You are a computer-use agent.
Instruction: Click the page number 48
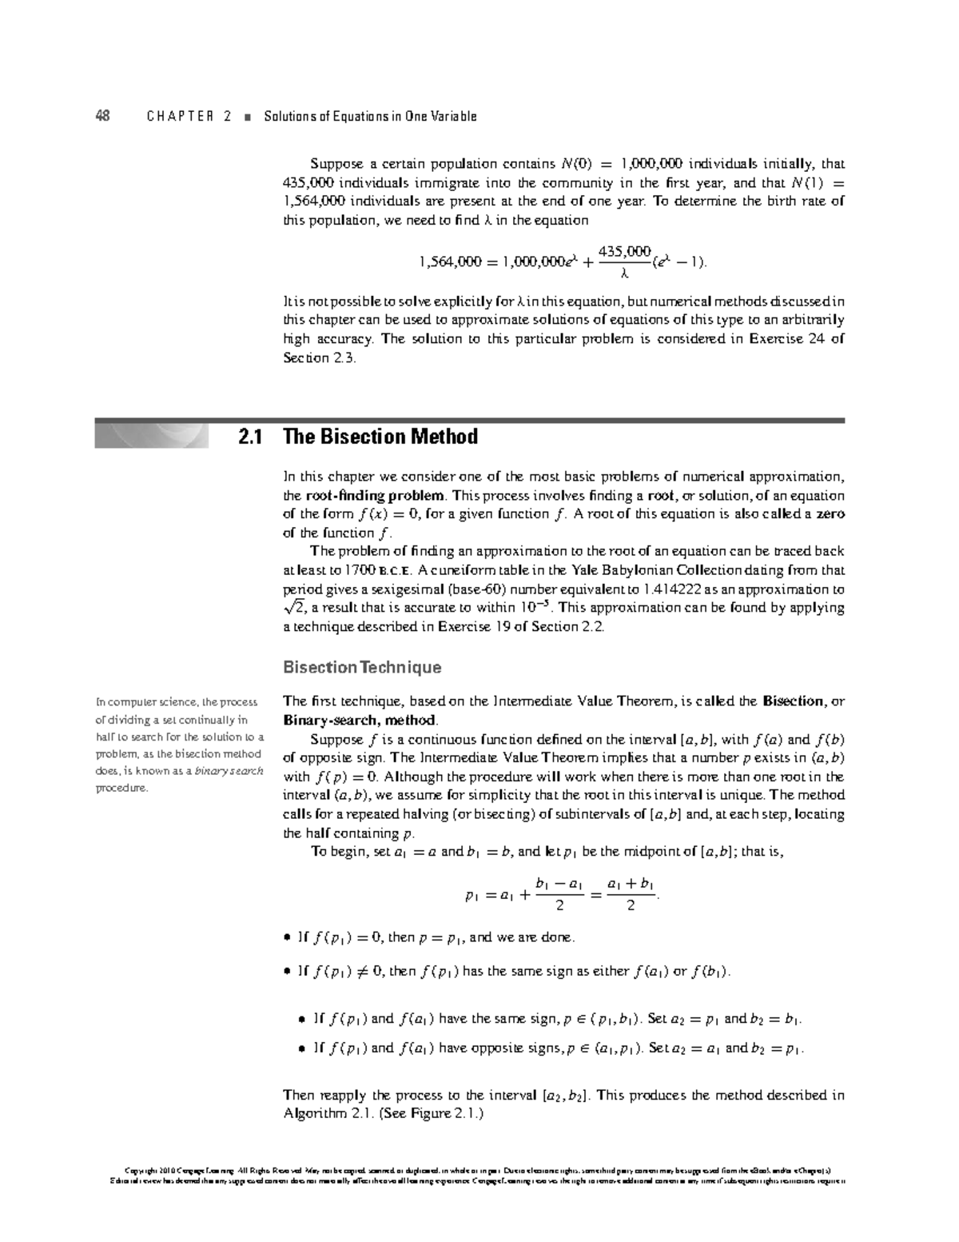point(102,116)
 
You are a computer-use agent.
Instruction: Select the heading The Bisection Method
point(380,437)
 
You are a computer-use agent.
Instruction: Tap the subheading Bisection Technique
point(362,667)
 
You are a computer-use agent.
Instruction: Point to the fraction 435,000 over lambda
point(625,262)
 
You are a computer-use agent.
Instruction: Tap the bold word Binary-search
point(326,721)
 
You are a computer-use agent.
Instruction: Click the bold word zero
point(829,514)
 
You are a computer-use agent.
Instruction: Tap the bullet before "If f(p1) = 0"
point(288,938)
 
